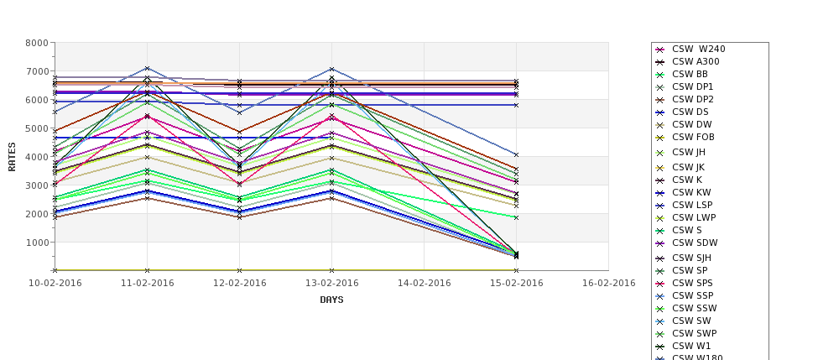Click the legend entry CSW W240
point(698,49)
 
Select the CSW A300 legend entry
point(696,61)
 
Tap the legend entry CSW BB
point(690,74)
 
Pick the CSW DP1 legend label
point(692,86)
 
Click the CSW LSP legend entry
point(692,205)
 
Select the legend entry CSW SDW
point(695,243)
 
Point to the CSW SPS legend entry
point(692,283)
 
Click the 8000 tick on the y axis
point(36,43)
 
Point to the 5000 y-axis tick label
point(36,128)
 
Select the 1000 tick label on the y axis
point(36,243)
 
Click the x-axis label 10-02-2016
point(55,283)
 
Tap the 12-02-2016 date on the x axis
point(239,283)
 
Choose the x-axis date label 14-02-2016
point(424,283)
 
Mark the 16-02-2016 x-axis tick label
point(608,283)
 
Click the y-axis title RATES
point(13,156)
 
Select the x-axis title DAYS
point(331,300)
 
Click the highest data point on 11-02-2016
point(147,69)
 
